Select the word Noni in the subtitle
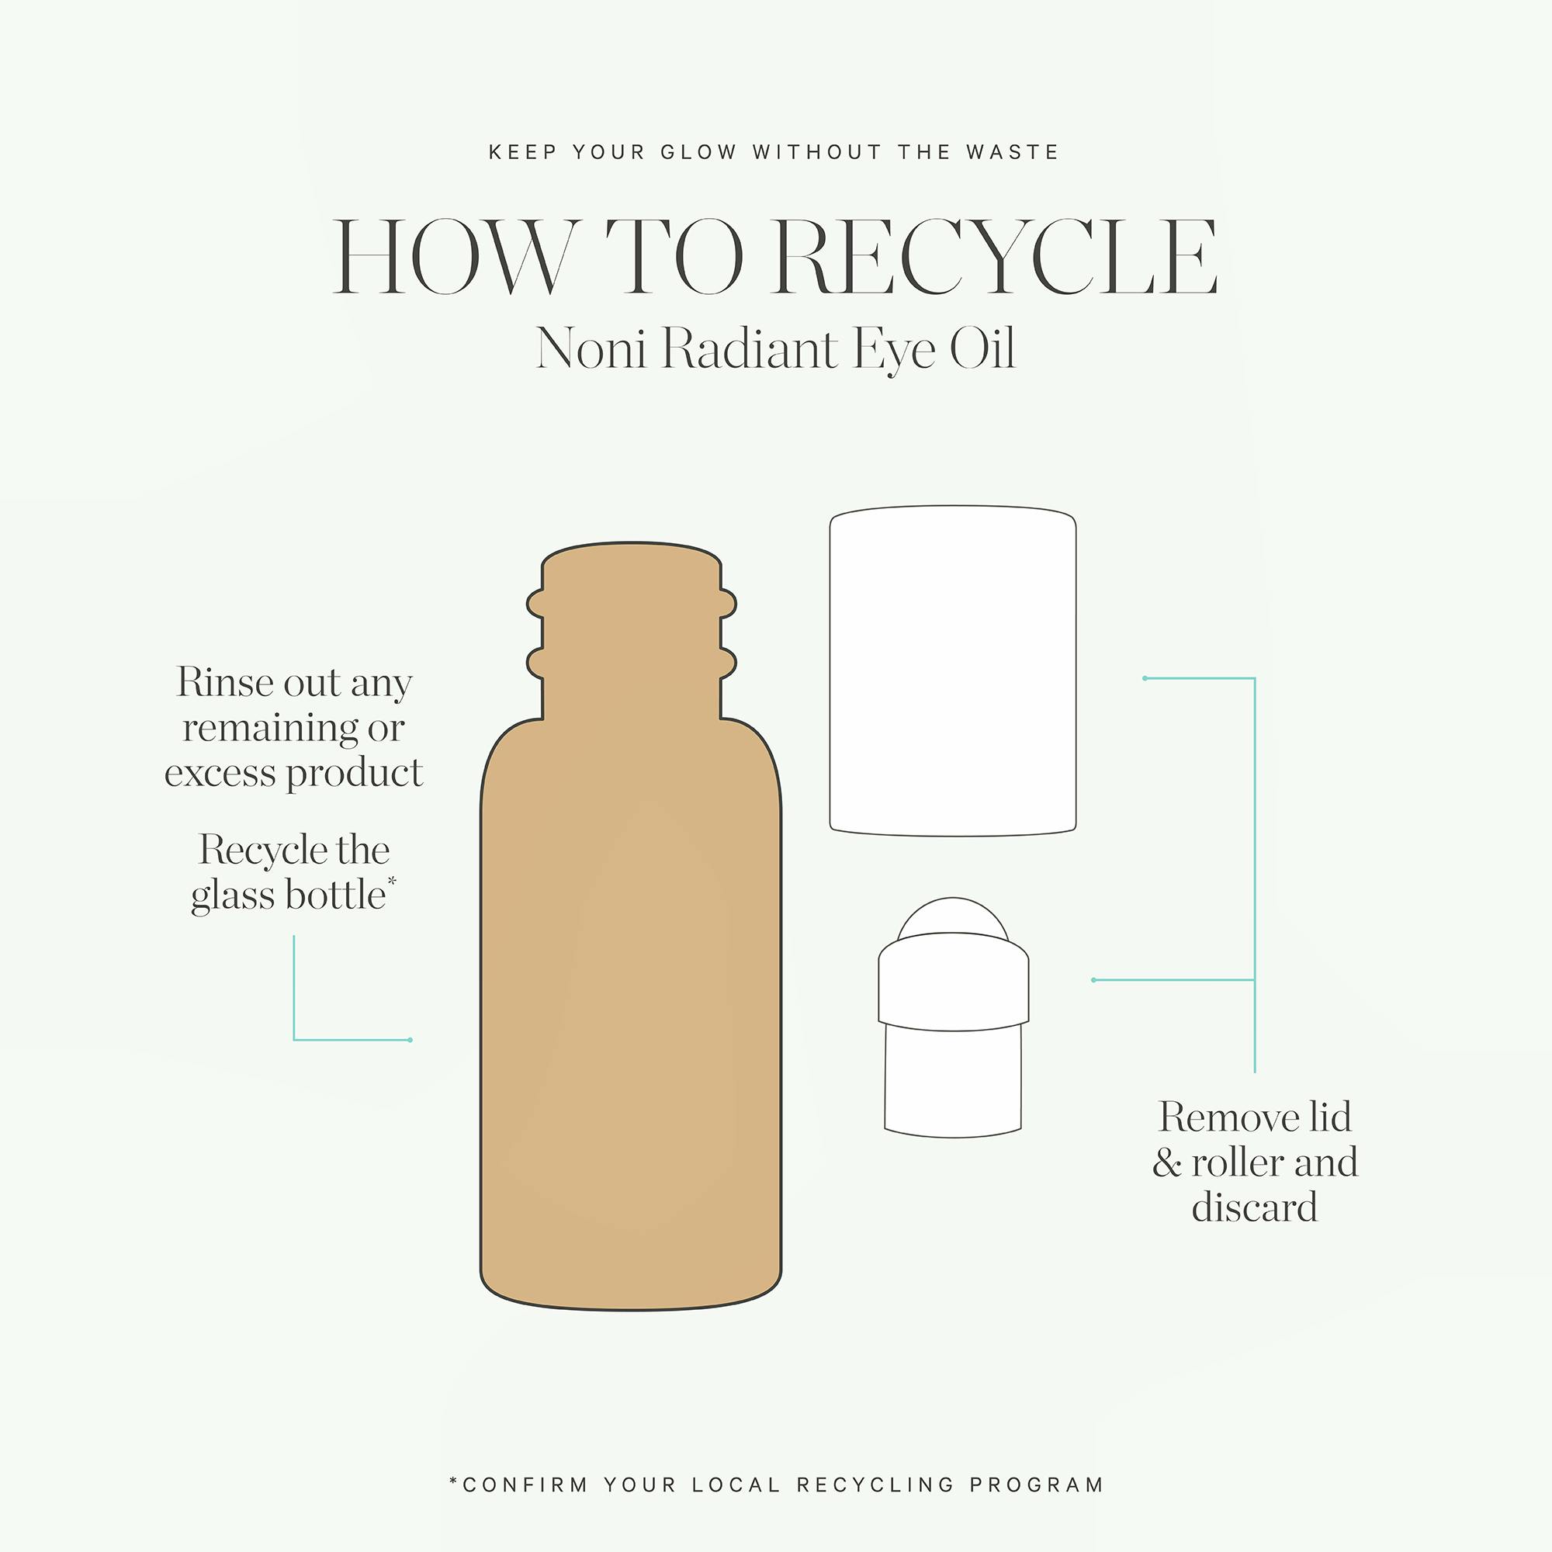click(591, 349)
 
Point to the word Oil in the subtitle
click(982, 349)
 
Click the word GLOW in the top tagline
click(698, 152)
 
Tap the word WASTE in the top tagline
click(1013, 152)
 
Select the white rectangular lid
click(953, 670)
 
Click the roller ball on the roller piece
click(953, 915)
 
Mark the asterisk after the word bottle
click(392, 882)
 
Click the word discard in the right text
click(1254, 1207)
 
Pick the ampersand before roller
click(1167, 1163)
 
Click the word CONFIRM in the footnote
click(525, 1484)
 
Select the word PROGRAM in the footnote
click(1036, 1484)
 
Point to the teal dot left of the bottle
click(411, 1041)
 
